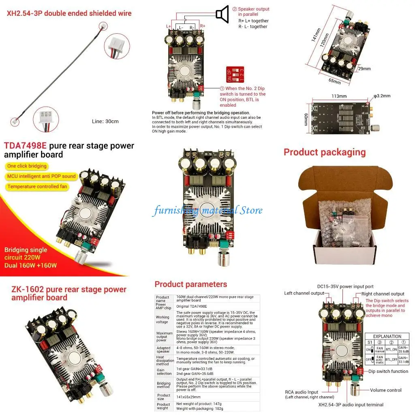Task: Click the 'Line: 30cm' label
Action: pos(105,121)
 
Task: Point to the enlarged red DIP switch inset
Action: pos(236,75)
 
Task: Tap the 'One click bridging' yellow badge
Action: pos(27,166)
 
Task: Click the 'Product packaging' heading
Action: pos(324,152)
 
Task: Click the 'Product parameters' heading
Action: pos(190,284)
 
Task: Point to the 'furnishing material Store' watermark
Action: pos(207,210)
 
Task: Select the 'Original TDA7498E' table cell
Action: pos(191,306)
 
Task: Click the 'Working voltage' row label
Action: pos(163,320)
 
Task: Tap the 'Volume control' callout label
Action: pos(385,390)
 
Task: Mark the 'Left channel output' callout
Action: pos(304,293)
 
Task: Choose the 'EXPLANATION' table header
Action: pos(387,336)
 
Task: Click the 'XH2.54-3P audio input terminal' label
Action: pos(351,404)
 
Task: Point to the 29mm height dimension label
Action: pos(364,69)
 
